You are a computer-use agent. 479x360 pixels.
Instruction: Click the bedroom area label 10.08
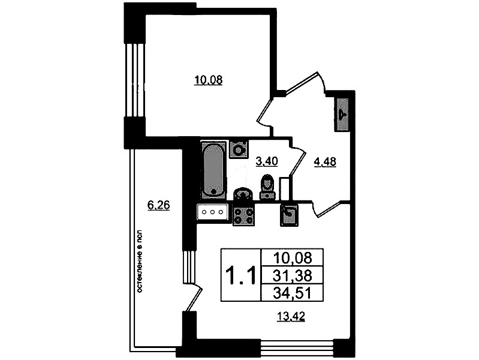[209, 80]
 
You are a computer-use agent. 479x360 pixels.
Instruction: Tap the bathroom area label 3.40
[267, 161]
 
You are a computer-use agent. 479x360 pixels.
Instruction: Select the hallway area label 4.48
[325, 162]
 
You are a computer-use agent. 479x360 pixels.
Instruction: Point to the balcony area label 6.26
[158, 205]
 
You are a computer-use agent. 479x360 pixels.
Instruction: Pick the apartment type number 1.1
[240, 275]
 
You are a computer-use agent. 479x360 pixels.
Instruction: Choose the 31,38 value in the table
[293, 276]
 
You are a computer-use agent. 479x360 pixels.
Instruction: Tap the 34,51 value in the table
[293, 293]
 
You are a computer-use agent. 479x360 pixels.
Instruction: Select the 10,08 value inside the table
[293, 258]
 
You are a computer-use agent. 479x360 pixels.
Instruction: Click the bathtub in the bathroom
[214, 169]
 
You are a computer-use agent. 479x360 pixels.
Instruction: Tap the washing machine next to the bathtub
[239, 149]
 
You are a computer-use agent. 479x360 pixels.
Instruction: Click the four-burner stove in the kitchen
[243, 215]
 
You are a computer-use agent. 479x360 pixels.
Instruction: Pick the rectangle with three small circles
[213, 212]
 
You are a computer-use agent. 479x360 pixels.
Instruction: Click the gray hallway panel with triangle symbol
[342, 115]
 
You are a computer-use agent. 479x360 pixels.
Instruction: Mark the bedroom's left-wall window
[135, 80]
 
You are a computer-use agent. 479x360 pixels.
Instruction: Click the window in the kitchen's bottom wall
[297, 349]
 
